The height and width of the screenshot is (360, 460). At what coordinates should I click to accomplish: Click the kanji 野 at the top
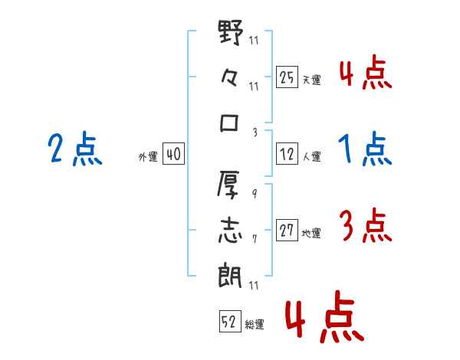(x=231, y=32)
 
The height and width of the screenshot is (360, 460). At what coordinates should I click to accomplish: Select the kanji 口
(x=229, y=123)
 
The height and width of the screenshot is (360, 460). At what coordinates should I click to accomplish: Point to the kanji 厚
(x=228, y=185)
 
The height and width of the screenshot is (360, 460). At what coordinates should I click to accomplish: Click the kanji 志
(x=230, y=231)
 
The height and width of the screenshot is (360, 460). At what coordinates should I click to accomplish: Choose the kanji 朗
(x=230, y=275)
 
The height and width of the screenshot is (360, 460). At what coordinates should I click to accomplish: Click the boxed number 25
(x=287, y=77)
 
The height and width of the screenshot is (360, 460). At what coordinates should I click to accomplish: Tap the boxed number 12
(x=287, y=154)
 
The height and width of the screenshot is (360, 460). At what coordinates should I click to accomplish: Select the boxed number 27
(x=287, y=230)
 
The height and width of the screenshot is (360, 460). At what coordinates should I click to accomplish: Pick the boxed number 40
(x=173, y=154)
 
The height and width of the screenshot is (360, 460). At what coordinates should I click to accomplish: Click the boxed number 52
(x=230, y=321)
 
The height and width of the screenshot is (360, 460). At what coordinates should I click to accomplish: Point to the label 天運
(x=312, y=80)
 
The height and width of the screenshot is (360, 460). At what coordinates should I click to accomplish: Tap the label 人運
(x=312, y=156)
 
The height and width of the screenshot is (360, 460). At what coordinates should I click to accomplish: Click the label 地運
(x=311, y=233)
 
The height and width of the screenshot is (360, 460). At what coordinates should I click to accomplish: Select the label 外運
(x=148, y=156)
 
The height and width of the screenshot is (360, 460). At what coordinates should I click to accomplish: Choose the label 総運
(x=255, y=324)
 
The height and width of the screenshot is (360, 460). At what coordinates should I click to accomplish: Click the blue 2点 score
(x=75, y=149)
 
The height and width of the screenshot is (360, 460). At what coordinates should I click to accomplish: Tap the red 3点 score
(x=366, y=225)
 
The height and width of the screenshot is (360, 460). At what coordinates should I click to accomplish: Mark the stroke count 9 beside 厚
(x=255, y=194)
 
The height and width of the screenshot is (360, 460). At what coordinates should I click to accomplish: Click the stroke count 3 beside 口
(x=255, y=133)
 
